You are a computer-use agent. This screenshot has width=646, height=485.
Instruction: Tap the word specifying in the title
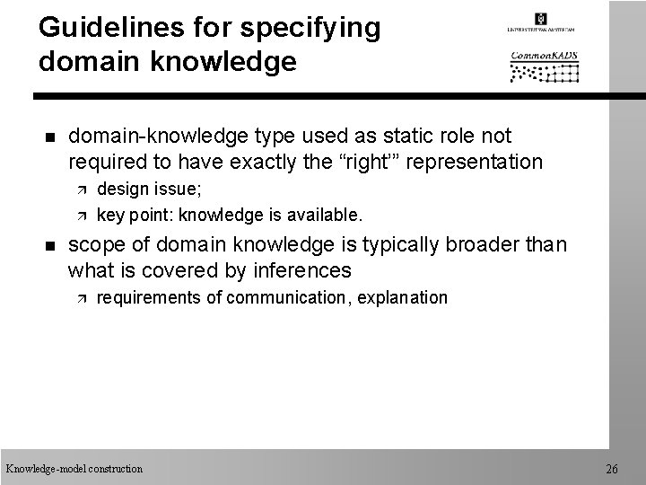[x=312, y=28]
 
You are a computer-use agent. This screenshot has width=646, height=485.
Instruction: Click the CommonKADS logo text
[x=544, y=55]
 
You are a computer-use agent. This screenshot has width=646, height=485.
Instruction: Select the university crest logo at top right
[x=540, y=19]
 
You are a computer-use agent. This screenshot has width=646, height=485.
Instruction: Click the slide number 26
[x=612, y=469]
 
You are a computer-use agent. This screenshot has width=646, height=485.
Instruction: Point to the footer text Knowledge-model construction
[x=74, y=469]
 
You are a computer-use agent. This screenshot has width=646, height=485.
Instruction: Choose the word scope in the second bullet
[x=94, y=244]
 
